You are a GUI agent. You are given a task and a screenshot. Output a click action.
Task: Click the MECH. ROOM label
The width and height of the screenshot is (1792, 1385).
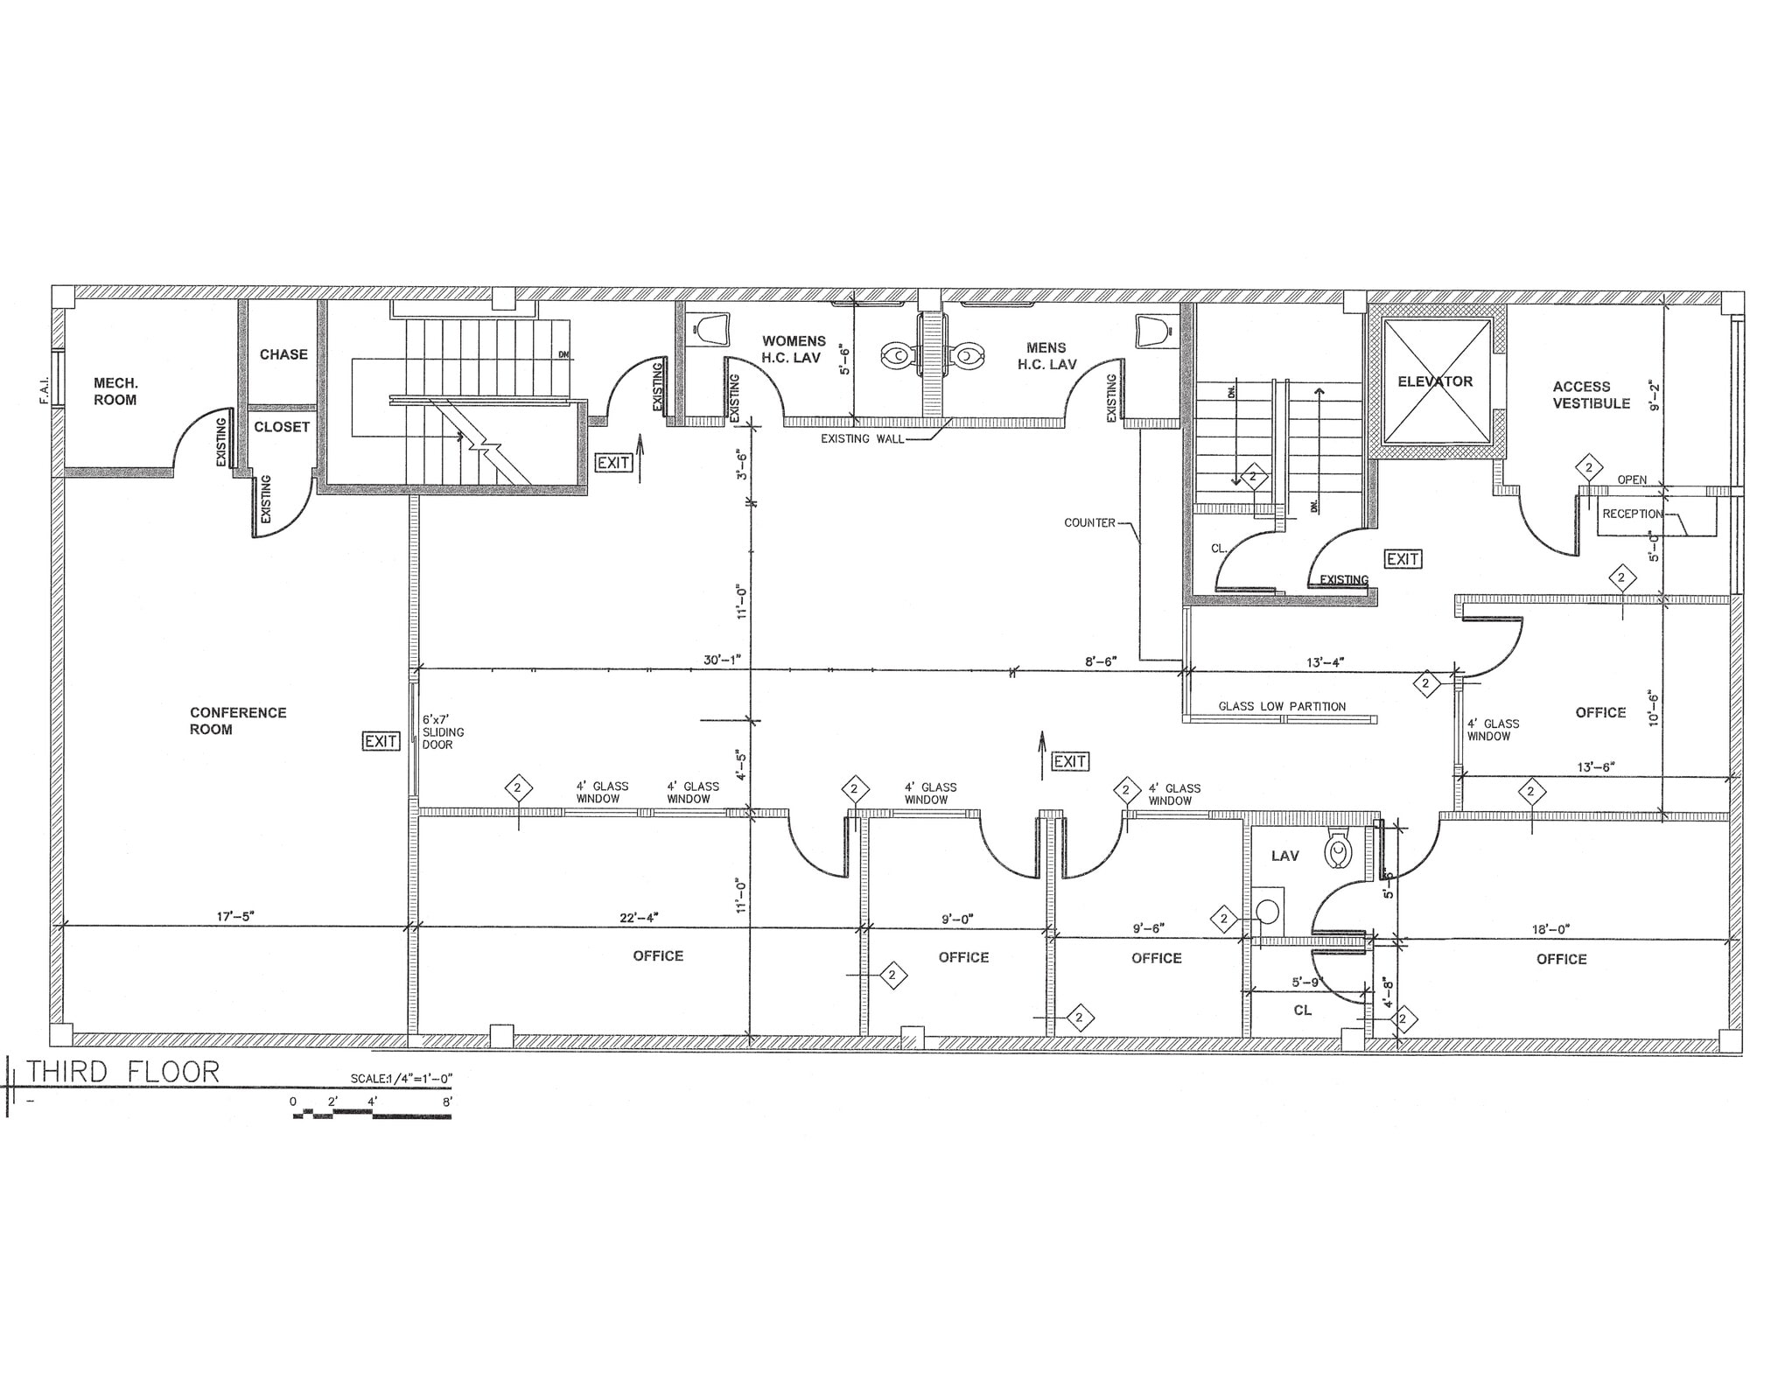tap(115, 391)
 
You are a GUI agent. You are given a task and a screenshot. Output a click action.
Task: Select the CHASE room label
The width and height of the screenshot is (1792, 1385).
tap(283, 354)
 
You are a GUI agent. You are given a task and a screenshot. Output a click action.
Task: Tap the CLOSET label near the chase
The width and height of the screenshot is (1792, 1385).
tap(282, 427)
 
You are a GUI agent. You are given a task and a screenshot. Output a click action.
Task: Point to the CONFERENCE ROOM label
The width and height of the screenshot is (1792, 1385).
tap(237, 721)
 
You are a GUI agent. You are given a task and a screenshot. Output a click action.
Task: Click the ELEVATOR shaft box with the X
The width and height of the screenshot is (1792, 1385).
tap(1435, 381)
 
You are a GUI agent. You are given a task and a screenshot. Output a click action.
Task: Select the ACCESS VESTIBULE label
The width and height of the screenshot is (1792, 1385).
tap(1591, 395)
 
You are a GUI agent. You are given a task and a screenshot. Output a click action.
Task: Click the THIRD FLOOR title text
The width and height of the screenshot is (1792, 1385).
tap(122, 1072)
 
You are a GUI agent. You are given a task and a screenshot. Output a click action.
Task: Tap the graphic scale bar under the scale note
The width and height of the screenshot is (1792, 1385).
tap(372, 1114)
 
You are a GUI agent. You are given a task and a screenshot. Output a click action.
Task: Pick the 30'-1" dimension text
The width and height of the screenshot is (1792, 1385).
tap(722, 660)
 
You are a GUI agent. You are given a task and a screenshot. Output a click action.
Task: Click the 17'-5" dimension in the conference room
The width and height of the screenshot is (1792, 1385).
tap(235, 916)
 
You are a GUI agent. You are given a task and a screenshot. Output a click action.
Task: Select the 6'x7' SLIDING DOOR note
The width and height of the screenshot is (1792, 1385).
tap(443, 731)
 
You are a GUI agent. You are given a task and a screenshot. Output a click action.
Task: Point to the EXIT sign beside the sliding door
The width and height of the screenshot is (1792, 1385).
tap(381, 741)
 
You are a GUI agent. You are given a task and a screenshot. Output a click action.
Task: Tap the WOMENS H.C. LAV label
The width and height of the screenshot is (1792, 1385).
tap(793, 349)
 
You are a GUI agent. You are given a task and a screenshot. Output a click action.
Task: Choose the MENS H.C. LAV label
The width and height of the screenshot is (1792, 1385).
tap(1046, 356)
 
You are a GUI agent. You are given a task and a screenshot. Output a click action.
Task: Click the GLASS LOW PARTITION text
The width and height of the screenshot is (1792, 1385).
tap(1282, 706)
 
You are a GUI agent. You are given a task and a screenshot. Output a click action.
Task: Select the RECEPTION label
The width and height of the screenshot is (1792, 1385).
tap(1632, 514)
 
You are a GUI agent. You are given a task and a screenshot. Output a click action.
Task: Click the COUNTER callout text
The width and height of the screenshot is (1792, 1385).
tap(1089, 522)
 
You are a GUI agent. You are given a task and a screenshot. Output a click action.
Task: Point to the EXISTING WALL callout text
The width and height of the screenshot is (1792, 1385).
tap(862, 438)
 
